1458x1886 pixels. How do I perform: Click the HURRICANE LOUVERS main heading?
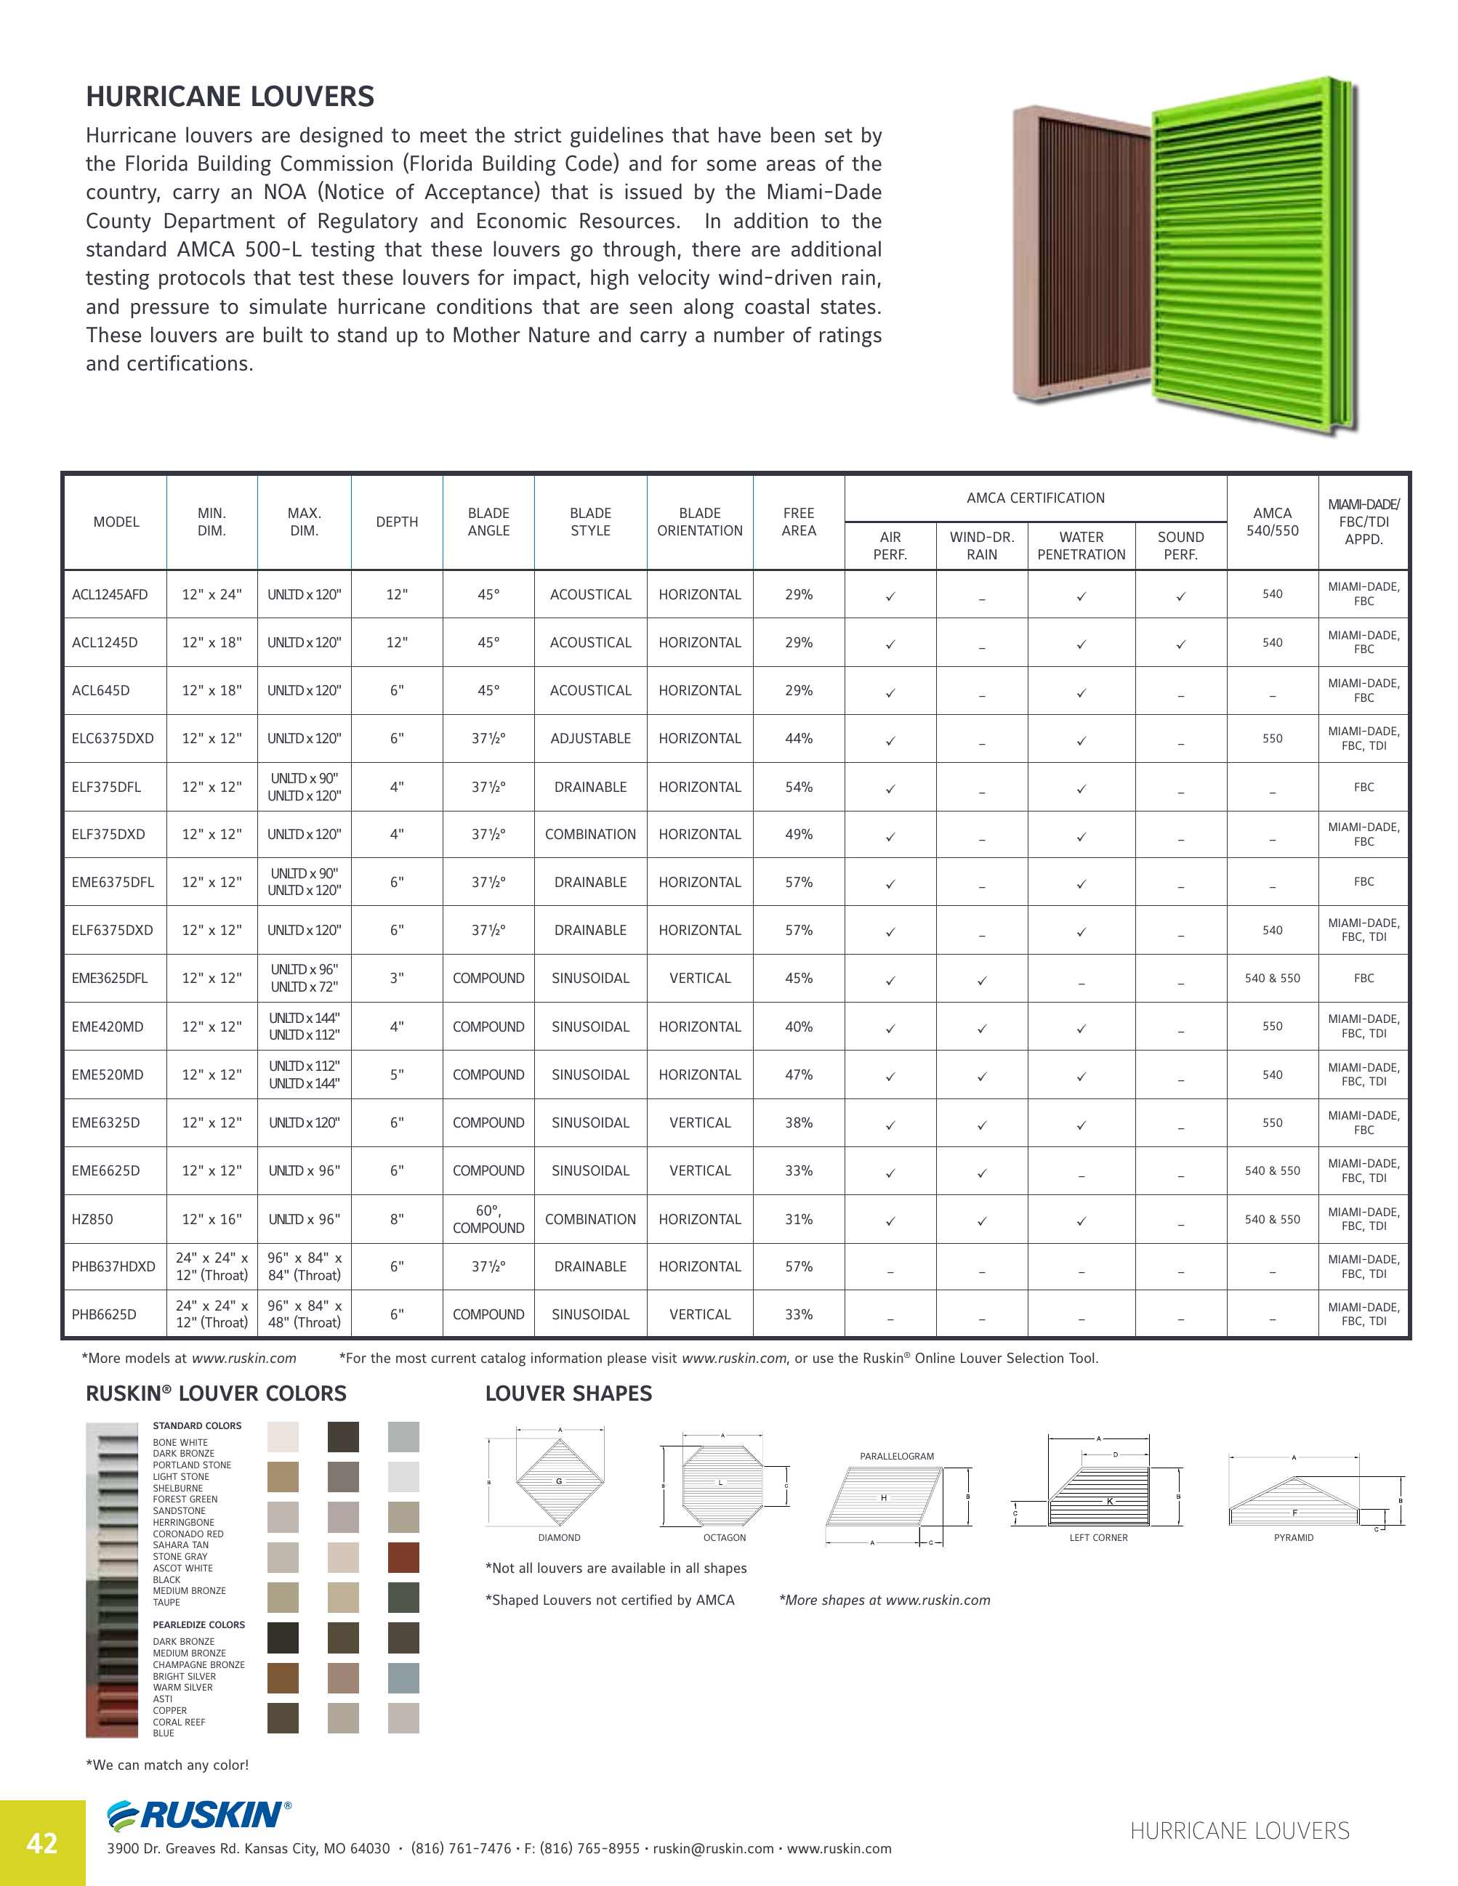pyautogui.click(x=230, y=97)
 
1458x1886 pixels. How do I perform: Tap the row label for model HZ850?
pyautogui.click(x=92, y=1219)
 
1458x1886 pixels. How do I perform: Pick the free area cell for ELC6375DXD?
pyautogui.click(x=798, y=738)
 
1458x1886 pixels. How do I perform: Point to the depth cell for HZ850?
pyautogui.click(x=396, y=1219)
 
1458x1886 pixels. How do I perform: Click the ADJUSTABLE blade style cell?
pyautogui.click(x=590, y=738)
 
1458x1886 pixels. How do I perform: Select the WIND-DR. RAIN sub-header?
pyautogui.click(x=981, y=546)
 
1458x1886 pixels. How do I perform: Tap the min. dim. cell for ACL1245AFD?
pyautogui.click(x=212, y=594)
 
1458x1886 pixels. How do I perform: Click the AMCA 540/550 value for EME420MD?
pyautogui.click(x=1271, y=1026)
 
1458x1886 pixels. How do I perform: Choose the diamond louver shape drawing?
pyautogui.click(x=559, y=1482)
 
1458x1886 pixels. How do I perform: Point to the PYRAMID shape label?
pyautogui.click(x=1293, y=1538)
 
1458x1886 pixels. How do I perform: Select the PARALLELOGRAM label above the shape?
pyautogui.click(x=897, y=1456)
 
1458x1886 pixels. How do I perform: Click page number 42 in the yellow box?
pyautogui.click(x=41, y=1844)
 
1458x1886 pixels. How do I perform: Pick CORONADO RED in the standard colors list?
pyautogui.click(x=188, y=1534)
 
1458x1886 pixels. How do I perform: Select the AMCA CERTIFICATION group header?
pyautogui.click(x=1035, y=498)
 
